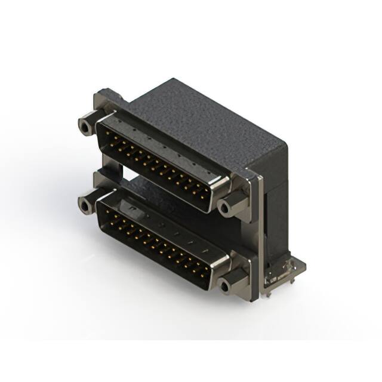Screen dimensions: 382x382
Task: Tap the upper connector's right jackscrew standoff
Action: [x=227, y=207]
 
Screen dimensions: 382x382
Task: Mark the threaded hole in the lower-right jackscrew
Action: [x=224, y=287]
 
